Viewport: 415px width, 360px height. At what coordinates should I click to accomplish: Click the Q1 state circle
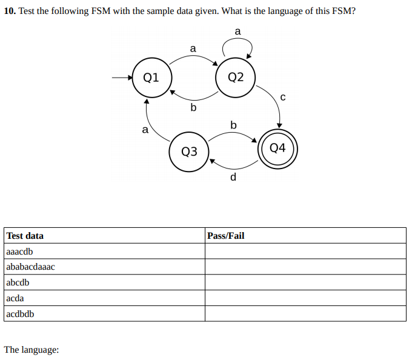pos(151,77)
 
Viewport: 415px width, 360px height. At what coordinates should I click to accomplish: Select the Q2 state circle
pos(236,77)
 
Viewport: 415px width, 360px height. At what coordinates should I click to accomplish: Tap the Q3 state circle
pos(190,151)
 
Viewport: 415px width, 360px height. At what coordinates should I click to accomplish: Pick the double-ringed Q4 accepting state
pos(277,147)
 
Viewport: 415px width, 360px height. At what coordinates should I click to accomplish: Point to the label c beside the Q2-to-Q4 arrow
pos(282,97)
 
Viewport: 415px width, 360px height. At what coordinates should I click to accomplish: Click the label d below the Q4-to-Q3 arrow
pos(233,177)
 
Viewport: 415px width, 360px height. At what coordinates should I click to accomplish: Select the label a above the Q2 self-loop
pos(237,31)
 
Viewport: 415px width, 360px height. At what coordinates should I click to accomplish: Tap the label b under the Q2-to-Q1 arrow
pos(193,108)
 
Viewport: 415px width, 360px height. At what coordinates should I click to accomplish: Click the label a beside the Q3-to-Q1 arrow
pos(144,129)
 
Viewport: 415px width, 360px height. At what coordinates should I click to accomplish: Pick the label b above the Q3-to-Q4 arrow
pos(233,125)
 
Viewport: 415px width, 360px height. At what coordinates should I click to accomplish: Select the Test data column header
pos(25,236)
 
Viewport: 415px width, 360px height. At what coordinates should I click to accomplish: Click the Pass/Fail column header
pos(225,236)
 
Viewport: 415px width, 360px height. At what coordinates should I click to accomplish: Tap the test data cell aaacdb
pos(19,252)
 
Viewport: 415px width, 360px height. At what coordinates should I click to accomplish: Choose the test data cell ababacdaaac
pos(30,267)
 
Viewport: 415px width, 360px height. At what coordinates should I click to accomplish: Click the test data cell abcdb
pos(18,283)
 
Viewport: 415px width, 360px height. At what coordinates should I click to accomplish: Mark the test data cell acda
pos(16,298)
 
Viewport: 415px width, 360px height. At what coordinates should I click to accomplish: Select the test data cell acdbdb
pos(20,314)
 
